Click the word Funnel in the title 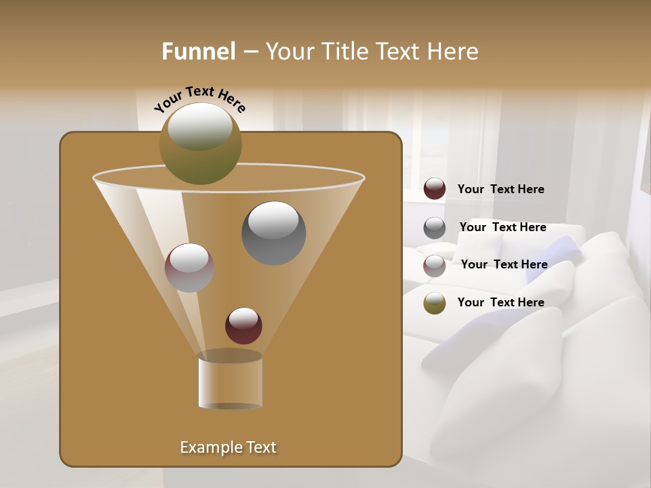[199, 52]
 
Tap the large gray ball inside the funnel [274, 233]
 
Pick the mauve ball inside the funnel [189, 268]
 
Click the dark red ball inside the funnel [243, 326]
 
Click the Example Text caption [229, 447]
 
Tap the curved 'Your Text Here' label [199, 99]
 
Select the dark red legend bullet [435, 189]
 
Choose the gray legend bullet [435, 228]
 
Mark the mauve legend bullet [435, 265]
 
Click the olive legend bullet [435, 303]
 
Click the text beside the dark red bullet [500, 190]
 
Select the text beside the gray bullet [502, 228]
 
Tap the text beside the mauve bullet [504, 265]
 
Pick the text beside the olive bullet [500, 303]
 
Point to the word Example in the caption [210, 447]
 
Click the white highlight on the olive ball [199, 127]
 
